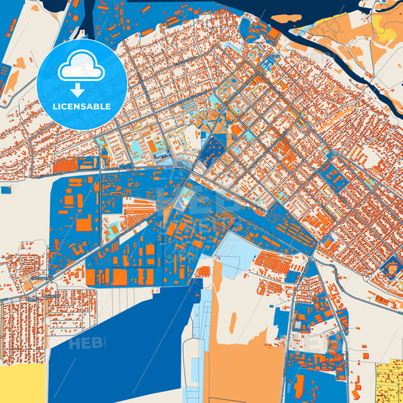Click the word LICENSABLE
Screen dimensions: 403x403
(81, 106)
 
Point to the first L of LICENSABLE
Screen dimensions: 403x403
(54, 106)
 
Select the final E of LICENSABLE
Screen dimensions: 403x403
(108, 106)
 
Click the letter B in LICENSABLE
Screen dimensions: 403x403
(96, 106)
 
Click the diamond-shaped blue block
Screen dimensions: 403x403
(391, 267)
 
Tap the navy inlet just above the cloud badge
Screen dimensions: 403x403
(85, 19)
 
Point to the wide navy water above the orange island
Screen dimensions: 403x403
(227, 6)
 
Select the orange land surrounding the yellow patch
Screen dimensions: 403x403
(348, 30)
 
